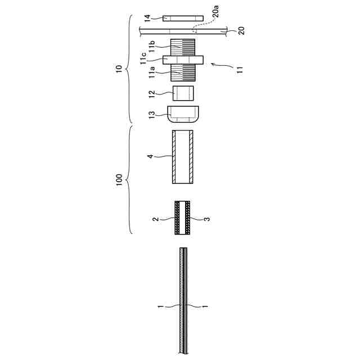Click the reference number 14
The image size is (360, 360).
147,18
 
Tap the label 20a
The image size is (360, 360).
216,11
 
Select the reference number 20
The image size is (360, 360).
241,31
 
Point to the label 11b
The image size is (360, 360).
152,47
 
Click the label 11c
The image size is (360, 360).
143,58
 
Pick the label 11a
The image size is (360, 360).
152,73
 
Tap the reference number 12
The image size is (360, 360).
152,94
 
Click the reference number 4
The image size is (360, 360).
150,156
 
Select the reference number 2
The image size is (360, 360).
156,219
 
